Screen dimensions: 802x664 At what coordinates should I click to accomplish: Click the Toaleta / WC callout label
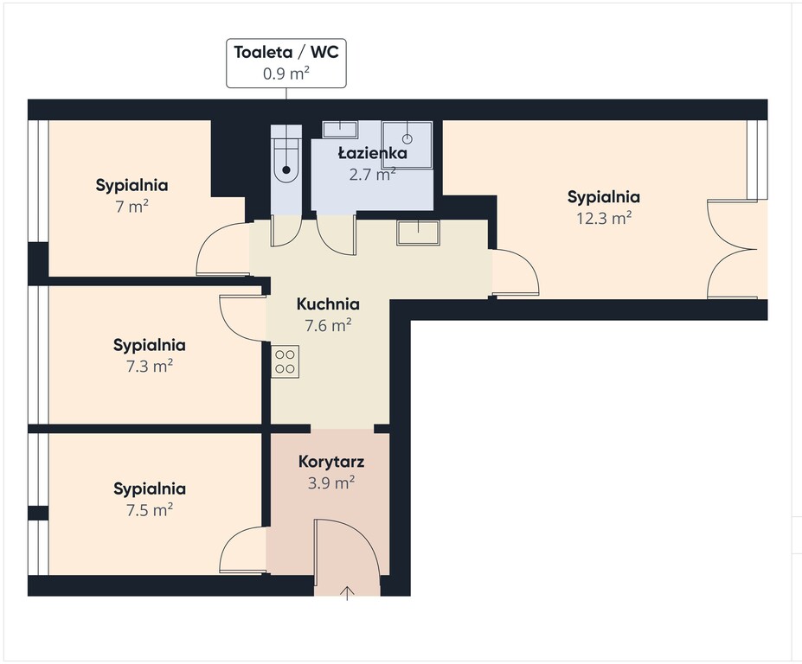286,63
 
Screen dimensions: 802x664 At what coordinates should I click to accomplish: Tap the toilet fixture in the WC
286,153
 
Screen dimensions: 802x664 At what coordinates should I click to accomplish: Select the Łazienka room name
373,153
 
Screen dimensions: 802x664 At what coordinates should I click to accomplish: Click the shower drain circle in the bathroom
407,138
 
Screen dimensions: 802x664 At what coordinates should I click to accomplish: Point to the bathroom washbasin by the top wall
340,130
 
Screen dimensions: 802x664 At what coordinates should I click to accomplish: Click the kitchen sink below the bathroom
419,233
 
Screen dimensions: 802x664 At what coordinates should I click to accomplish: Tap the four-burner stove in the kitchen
285,362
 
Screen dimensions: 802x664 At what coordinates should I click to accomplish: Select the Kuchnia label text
328,304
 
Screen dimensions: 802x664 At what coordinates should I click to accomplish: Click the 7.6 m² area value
328,325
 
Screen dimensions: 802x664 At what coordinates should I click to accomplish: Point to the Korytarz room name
331,462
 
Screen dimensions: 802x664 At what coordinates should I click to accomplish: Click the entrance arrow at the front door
347,593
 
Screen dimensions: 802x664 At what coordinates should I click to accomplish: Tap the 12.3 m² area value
604,218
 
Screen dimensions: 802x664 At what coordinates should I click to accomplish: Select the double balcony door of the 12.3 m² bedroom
732,249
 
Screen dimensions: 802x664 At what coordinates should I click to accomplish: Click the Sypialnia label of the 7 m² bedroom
132,185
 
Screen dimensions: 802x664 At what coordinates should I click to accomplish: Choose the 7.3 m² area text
150,366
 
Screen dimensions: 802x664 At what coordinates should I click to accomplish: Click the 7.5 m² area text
150,509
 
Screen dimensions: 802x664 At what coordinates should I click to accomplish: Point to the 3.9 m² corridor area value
331,483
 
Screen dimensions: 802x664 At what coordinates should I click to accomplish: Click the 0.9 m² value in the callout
286,73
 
